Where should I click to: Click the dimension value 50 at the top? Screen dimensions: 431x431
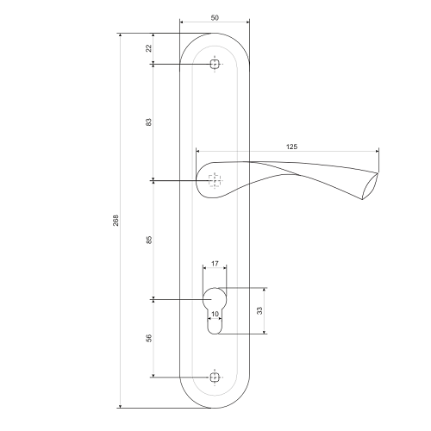[215, 18]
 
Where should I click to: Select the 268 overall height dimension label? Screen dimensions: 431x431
[116, 221]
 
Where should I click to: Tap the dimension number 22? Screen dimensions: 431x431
[148, 48]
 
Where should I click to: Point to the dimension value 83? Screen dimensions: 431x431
[148, 122]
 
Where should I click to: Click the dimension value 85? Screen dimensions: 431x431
[148, 240]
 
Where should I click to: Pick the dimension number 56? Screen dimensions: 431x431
[148, 338]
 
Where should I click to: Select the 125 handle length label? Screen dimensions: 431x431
[291, 147]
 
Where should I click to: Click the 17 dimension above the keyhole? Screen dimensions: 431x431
[215, 264]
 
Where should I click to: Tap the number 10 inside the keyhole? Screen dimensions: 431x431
[215, 314]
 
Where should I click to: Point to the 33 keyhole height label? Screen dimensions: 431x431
[259, 311]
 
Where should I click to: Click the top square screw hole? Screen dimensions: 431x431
[215, 64]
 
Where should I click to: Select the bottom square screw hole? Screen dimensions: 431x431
[215, 378]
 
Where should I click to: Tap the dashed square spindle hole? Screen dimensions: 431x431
[215, 181]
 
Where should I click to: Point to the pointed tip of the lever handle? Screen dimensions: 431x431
[378, 173]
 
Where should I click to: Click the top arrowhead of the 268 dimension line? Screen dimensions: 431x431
[120, 35]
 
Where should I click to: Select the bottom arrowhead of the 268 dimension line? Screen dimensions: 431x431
[120, 406]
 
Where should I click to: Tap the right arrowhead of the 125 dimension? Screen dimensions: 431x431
[377, 151]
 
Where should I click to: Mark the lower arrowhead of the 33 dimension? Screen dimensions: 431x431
[265, 332]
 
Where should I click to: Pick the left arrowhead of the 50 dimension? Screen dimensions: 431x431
[182, 22]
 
